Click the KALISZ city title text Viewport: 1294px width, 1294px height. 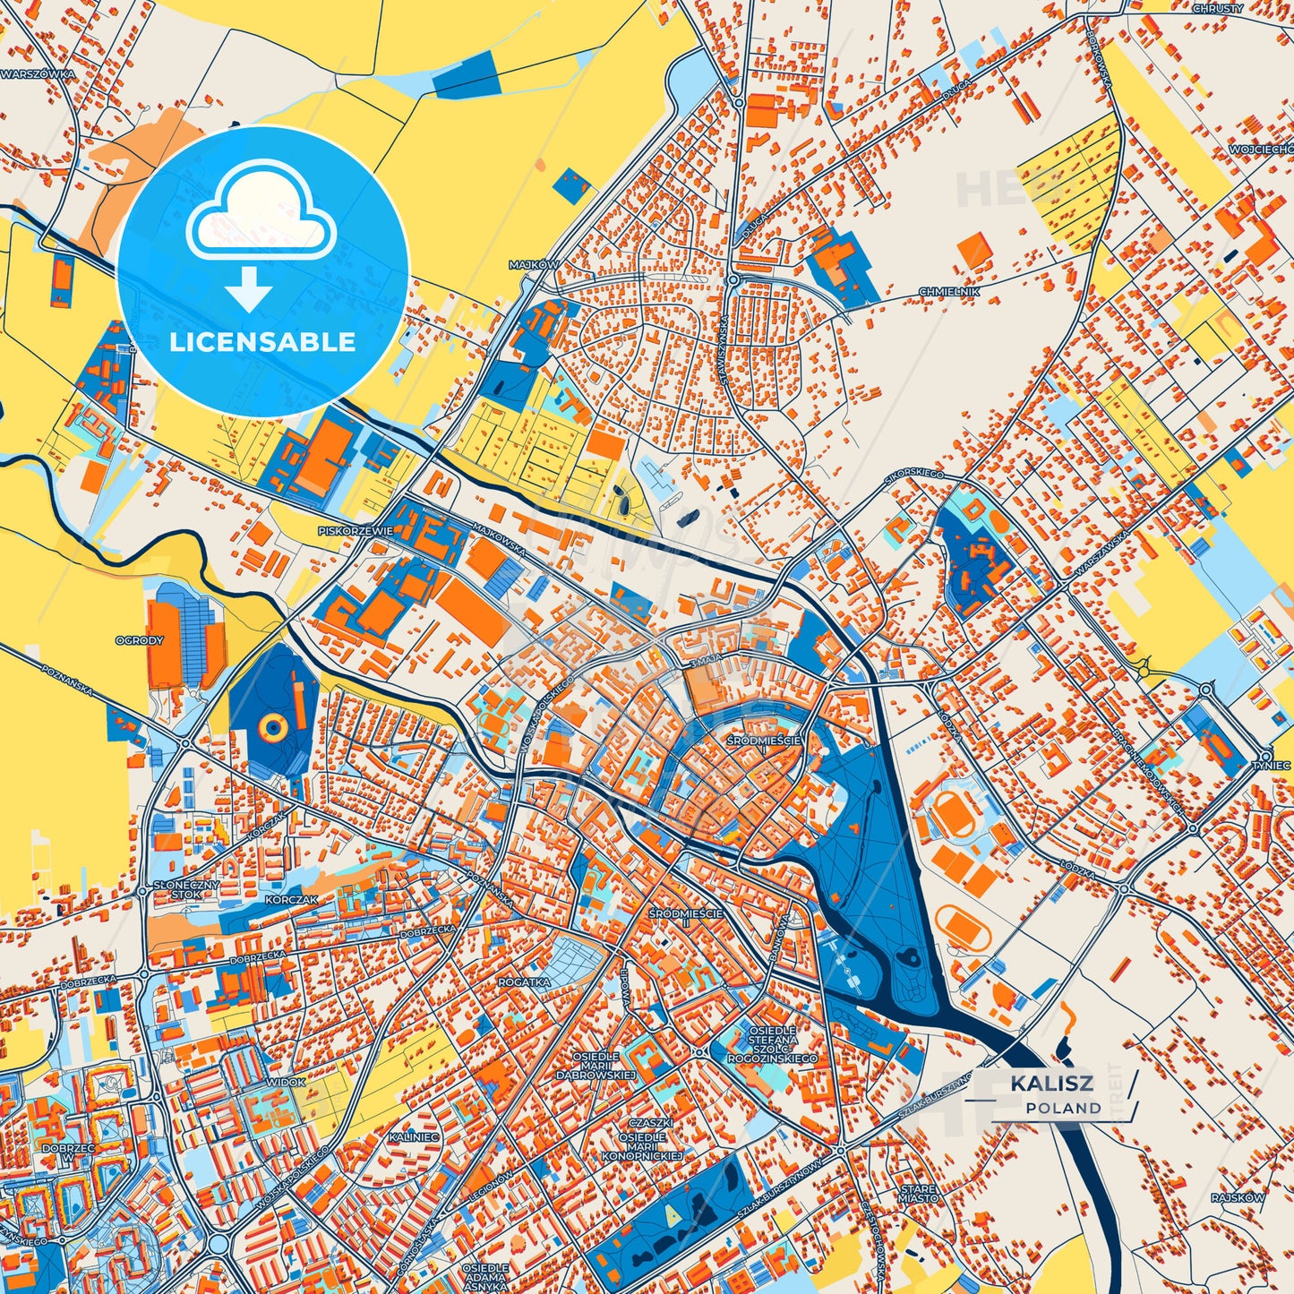click(x=1051, y=1083)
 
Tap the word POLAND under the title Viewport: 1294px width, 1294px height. click(x=1064, y=1108)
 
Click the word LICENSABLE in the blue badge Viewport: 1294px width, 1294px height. click(x=262, y=342)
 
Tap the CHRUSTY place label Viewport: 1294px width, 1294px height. click(x=1218, y=8)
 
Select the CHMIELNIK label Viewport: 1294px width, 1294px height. click(x=949, y=292)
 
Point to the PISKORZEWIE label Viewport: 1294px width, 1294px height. click(x=356, y=531)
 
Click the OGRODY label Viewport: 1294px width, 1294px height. click(x=140, y=640)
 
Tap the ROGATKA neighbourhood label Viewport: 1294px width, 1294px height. click(x=524, y=981)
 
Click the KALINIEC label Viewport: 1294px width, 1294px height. click(x=414, y=1136)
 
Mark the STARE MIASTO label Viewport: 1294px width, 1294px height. click(x=919, y=1193)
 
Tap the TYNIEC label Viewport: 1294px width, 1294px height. click(x=1272, y=766)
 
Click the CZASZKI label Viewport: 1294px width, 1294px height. click(x=650, y=1123)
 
